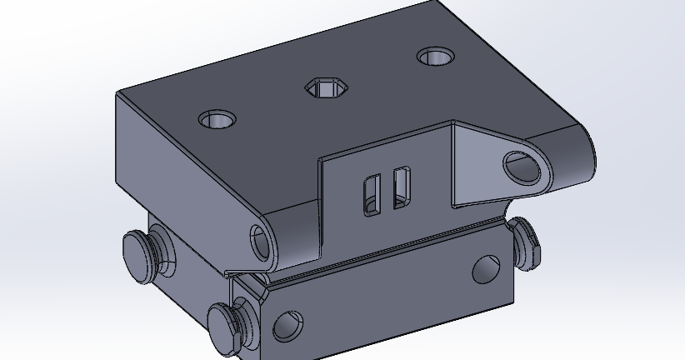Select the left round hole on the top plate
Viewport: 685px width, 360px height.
(x=217, y=119)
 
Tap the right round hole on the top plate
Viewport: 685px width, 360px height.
(x=435, y=57)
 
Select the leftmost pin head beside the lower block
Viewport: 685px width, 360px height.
(x=142, y=252)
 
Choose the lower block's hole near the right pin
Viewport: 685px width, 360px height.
(x=484, y=268)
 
